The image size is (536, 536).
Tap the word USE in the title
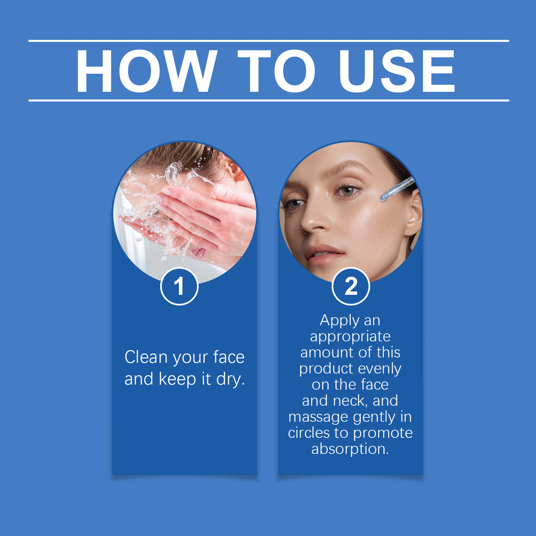click(396, 71)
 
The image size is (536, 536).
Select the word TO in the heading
click(276, 71)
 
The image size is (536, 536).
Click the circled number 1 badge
click(179, 286)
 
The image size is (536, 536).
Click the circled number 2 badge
click(351, 286)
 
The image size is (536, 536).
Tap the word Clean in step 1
click(146, 357)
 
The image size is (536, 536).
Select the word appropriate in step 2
click(350, 336)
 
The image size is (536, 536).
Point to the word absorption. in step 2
click(350, 449)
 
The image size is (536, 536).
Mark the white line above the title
click(268, 41)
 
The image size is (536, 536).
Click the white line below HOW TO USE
click(268, 100)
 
